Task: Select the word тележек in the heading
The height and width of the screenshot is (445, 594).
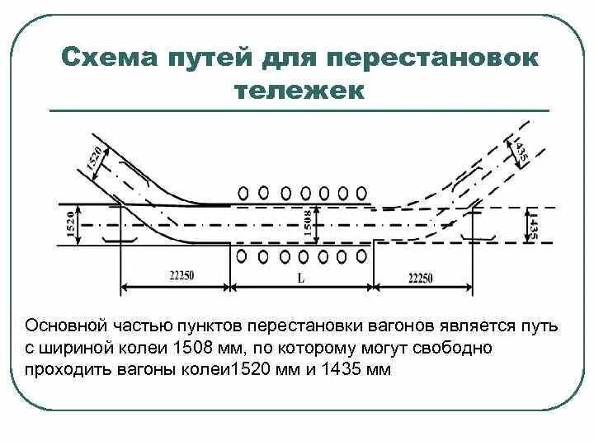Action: coord(299,90)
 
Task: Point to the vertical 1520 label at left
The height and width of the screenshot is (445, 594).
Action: coord(71,224)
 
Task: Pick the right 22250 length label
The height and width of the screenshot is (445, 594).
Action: coord(421,278)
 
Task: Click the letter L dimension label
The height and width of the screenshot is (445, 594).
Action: coord(300,278)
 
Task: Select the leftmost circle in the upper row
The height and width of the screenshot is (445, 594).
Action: coord(243,192)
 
